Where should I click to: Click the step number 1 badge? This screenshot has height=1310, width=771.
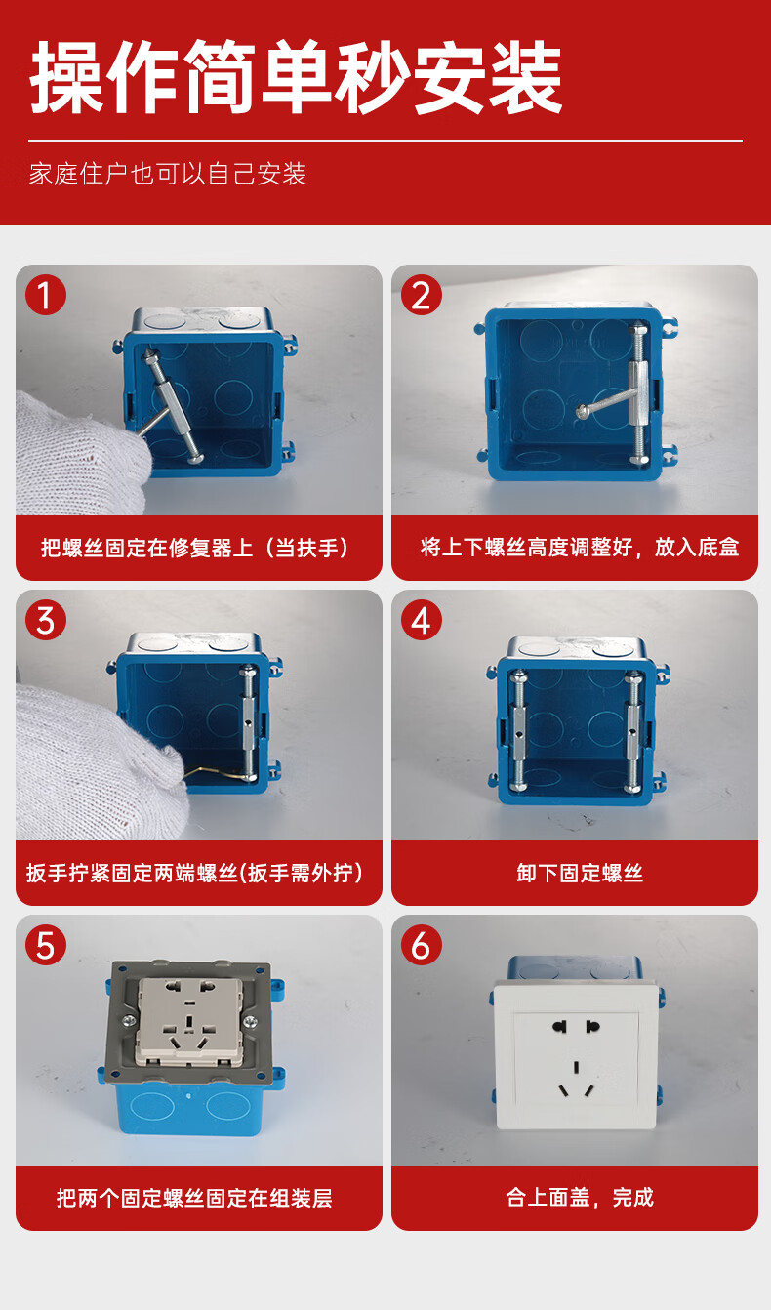45,294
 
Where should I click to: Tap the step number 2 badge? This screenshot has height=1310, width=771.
421,294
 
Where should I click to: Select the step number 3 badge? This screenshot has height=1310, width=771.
45,619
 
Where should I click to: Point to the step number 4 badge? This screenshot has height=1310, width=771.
421,619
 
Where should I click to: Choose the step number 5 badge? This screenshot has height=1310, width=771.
45,944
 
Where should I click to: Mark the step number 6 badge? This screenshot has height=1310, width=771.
421,944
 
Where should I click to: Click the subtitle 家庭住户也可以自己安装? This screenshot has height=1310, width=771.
168,174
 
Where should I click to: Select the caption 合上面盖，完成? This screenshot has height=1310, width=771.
580,1197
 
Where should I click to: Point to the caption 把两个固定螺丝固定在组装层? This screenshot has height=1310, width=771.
194,1197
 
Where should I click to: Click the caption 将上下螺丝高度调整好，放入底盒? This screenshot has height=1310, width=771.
580,547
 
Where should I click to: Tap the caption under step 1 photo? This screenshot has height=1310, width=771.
194,547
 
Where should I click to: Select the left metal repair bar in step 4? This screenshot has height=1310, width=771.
518,730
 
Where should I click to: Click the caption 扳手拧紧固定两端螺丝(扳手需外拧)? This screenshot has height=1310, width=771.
194,873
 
